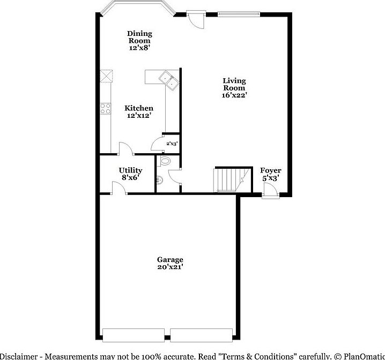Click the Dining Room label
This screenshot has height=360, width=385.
point(139,37)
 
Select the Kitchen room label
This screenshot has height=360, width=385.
point(139,108)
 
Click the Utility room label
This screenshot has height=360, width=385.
point(130,170)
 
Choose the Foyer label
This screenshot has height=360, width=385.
point(270,170)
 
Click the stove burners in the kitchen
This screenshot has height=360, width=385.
point(105,109)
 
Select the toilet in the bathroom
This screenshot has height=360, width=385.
point(165,161)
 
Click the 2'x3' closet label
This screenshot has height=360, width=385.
point(172,144)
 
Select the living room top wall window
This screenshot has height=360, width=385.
point(239,13)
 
